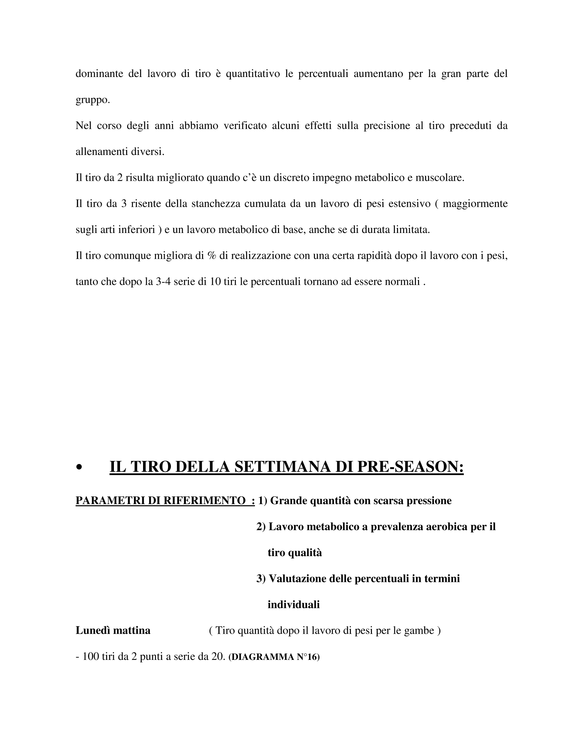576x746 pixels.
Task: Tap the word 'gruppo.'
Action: [93, 100]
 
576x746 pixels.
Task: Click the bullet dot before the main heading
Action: [80, 468]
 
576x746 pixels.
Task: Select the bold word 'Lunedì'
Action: [93, 631]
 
